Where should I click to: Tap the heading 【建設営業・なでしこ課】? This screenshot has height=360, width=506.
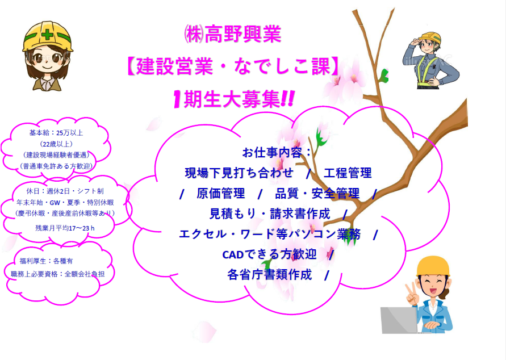pyautogui.click(x=232, y=66)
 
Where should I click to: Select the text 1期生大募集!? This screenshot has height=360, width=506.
pyautogui.click(x=233, y=99)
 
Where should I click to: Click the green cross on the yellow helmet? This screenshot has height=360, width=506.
pyautogui.click(x=48, y=34)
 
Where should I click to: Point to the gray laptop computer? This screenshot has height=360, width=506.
pyautogui.click(x=399, y=320)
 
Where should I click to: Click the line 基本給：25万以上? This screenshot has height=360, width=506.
pyautogui.click(x=56, y=132)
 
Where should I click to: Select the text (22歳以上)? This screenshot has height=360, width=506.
pyautogui.click(x=56, y=144)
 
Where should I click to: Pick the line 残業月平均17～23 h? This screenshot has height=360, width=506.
pyautogui.click(x=65, y=228)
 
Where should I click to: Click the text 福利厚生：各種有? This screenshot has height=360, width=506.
pyautogui.click(x=46, y=261)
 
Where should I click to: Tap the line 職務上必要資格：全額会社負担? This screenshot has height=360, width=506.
pyautogui.click(x=58, y=274)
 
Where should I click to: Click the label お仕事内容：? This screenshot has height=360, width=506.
pyautogui.click(x=277, y=152)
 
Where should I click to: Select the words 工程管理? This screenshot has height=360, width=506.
pyautogui.click(x=348, y=173)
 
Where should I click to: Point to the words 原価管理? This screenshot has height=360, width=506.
pyautogui.click(x=221, y=193)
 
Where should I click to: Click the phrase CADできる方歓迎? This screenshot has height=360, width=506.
pyautogui.click(x=269, y=254)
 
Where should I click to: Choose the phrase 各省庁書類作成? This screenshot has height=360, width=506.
pyautogui.click(x=269, y=274)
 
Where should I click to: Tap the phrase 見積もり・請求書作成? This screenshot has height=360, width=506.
pyautogui.click(x=270, y=214)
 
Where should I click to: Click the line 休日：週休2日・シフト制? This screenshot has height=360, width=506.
pyautogui.click(x=65, y=191)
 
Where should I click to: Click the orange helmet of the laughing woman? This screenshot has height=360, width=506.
pyautogui.click(x=433, y=266)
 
